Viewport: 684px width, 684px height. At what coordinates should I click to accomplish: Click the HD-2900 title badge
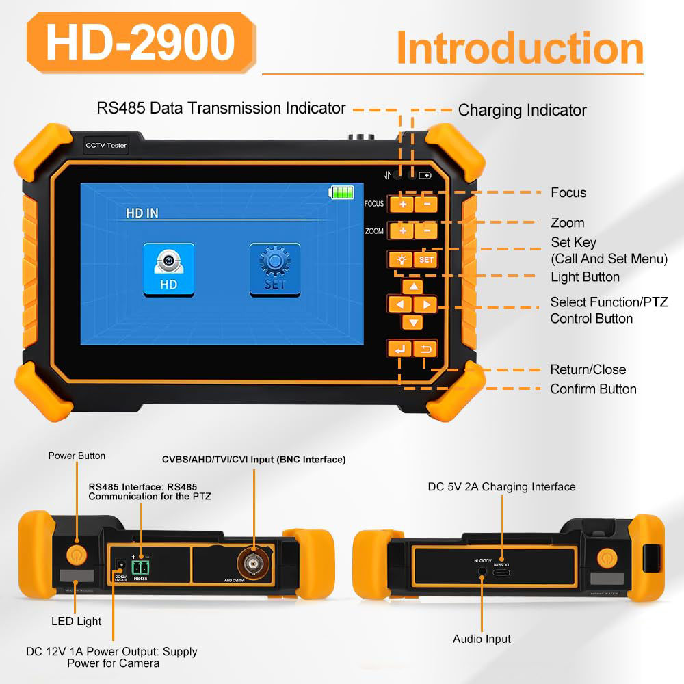tap(140, 43)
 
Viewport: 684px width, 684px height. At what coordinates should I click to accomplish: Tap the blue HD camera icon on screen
tap(168, 269)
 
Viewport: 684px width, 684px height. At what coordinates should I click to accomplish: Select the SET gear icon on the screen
tap(274, 269)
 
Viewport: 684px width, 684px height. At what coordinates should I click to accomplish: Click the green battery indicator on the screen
tap(341, 193)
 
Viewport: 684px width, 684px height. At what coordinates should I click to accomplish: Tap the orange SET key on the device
tap(426, 260)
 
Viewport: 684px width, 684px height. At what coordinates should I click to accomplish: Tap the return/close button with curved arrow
tap(425, 350)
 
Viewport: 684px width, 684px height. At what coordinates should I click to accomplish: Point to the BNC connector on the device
tap(252, 563)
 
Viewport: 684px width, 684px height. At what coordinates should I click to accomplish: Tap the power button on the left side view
tap(76, 552)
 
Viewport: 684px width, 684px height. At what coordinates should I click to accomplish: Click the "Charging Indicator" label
tap(522, 110)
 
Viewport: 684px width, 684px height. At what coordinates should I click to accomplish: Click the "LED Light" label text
tap(76, 621)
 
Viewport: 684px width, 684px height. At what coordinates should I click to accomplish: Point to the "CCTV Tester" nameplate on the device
tap(105, 146)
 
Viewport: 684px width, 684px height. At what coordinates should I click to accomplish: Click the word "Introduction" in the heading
tap(520, 48)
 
